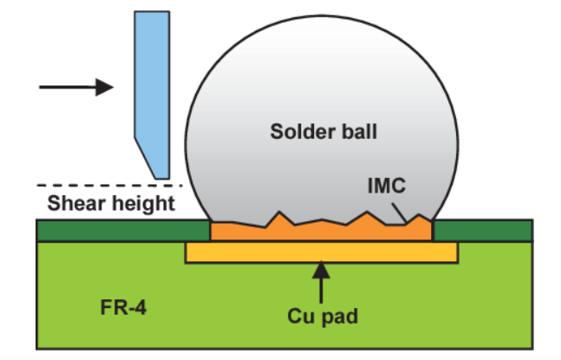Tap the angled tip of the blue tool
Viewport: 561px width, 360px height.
point(162,178)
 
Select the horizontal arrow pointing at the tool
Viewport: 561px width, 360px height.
point(76,87)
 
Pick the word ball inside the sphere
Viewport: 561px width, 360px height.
point(359,131)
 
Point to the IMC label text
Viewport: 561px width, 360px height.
point(387,186)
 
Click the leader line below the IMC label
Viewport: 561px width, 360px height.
point(399,213)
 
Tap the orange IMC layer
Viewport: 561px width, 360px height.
point(321,231)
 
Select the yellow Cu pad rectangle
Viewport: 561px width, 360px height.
point(322,252)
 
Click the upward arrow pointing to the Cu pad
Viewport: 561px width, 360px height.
point(322,282)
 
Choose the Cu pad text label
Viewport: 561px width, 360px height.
point(323,317)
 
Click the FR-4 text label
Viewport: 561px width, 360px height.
point(123,307)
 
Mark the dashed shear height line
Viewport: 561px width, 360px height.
point(109,186)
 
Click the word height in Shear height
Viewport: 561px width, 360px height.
point(141,204)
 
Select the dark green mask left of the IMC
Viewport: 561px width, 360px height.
point(123,231)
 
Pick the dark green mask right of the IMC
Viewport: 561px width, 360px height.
point(483,231)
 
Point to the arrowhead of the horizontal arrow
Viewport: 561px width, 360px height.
point(104,87)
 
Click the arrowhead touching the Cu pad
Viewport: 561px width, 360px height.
point(322,270)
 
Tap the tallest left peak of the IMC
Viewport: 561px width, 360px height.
point(279,212)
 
